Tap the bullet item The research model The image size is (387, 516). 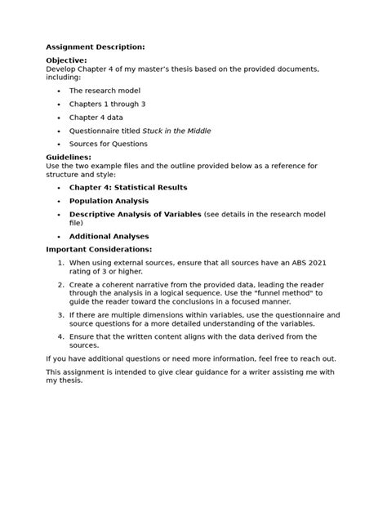[x=105, y=91]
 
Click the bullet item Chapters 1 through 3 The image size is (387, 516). [x=107, y=105]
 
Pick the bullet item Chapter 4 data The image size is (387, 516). [x=96, y=118]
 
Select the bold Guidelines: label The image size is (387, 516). [x=69, y=158]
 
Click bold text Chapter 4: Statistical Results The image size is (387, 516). [x=128, y=188]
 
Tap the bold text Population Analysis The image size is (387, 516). [x=109, y=201]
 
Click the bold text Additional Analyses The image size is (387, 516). [x=109, y=236]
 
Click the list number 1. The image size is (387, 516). [x=60, y=262]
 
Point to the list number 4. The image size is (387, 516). [x=60, y=336]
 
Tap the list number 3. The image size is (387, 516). [x=60, y=314]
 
